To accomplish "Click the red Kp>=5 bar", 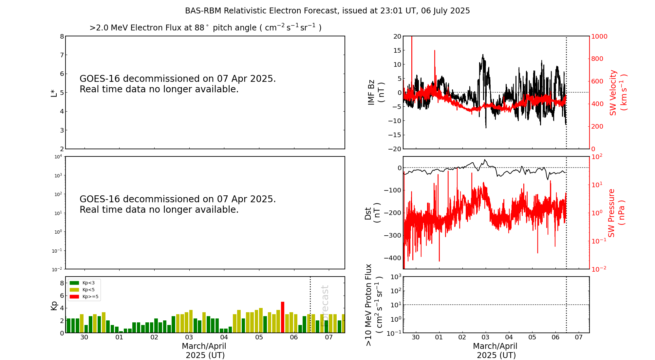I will tap(283, 317).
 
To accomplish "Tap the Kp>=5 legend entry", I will tap(84, 297).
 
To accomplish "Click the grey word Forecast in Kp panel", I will tap(325, 306).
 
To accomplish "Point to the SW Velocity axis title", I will tap(618, 93).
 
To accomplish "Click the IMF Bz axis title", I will tap(376, 92).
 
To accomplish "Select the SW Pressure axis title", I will tap(616, 213).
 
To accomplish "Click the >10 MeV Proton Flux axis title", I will tap(374, 305).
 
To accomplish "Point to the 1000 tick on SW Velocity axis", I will tap(599, 36).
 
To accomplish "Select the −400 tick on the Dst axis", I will tap(393, 258).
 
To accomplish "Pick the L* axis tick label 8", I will tap(62, 36).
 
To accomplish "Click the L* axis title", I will tap(54, 93).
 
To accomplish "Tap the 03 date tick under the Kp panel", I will tap(189, 337).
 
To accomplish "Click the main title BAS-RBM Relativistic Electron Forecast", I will tap(327, 11).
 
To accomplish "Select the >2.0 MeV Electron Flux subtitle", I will tap(205, 28).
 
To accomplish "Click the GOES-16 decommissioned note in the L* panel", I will tap(178, 84).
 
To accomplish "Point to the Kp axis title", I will tap(54, 305).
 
